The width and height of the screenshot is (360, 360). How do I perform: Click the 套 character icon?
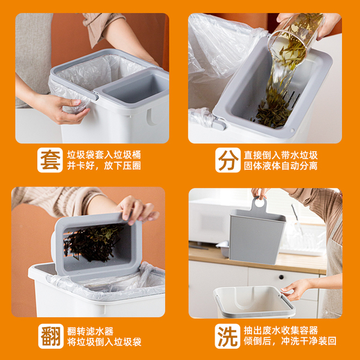click(x=50, y=160)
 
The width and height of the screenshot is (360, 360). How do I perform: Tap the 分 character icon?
click(x=228, y=160)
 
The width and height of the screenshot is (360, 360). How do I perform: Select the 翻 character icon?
click(x=51, y=336)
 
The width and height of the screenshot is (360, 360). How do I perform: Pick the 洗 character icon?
click(x=227, y=336)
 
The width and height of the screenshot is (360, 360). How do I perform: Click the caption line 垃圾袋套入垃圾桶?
click(x=104, y=155)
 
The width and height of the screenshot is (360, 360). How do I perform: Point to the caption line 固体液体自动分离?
click(x=281, y=166)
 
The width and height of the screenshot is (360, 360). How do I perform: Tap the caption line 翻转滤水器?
click(x=90, y=331)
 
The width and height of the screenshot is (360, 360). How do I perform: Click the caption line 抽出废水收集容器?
click(x=281, y=331)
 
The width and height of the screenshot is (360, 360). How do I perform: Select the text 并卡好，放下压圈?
click(x=104, y=166)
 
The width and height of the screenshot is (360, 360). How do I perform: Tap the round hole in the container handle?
click(x=260, y=203)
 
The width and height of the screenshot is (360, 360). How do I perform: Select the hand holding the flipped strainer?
click(x=138, y=210)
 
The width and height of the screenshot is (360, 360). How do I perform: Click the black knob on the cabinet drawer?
click(x=281, y=277)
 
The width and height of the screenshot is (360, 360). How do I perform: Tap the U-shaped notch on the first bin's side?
click(x=152, y=117)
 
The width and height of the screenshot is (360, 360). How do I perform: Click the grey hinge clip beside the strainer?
click(x=219, y=124)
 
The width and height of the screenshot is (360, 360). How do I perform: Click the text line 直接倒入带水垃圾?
click(x=281, y=155)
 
